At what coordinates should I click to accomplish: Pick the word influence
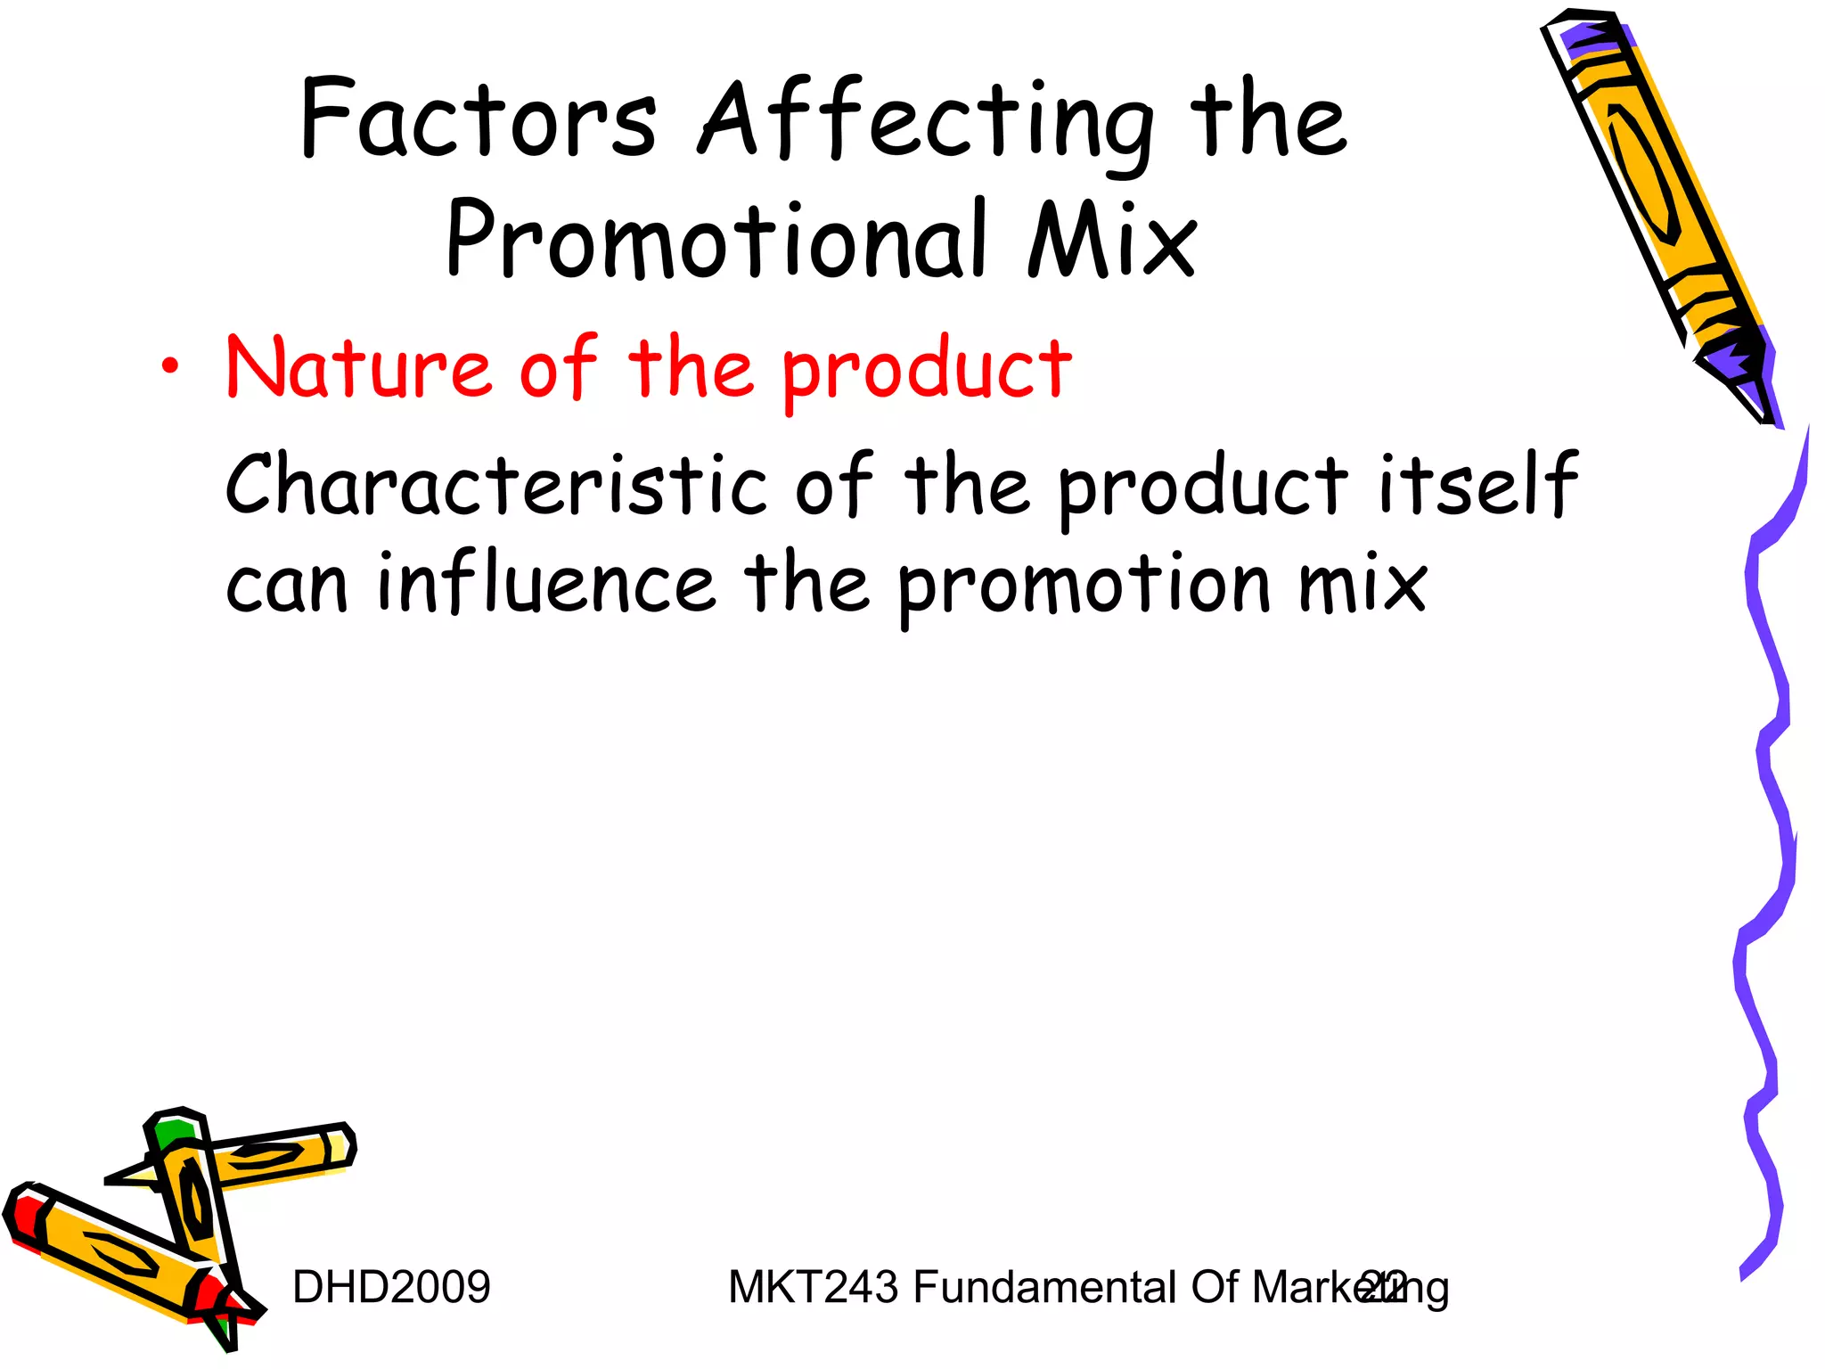tap(546, 583)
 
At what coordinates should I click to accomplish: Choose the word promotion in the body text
tap(1084, 585)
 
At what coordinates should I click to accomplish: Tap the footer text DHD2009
tap(391, 1287)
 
